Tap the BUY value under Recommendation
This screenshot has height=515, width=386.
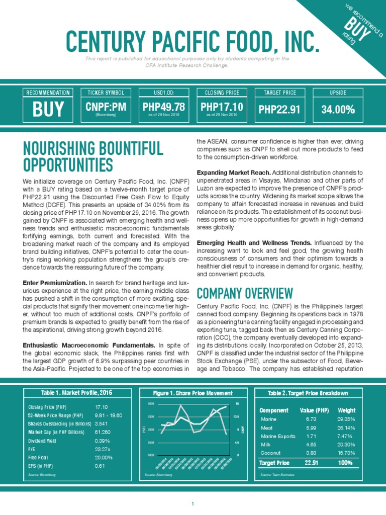(48, 109)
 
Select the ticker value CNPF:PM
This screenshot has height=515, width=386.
(106, 107)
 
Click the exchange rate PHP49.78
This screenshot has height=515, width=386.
(163, 107)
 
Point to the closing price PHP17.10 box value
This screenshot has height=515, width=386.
(222, 107)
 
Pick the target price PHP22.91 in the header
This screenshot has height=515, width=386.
(279, 109)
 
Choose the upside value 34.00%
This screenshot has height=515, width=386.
(338, 109)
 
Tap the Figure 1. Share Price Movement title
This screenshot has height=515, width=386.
(193, 393)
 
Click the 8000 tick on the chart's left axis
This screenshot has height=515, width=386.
(151, 404)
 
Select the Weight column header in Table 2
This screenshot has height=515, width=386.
(346, 410)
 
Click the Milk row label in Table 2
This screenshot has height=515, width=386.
(266, 445)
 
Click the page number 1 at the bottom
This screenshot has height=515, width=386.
(192, 504)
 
